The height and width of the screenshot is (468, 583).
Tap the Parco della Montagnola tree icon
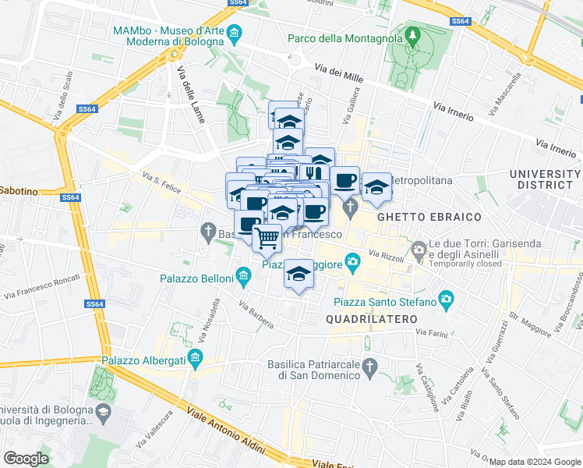pyautogui.click(x=412, y=37)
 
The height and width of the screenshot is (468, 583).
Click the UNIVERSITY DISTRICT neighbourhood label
pyautogui.click(x=545, y=179)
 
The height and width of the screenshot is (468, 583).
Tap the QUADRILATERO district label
pyautogui.click(x=372, y=319)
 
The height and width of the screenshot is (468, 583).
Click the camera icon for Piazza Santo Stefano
pyautogui.click(x=446, y=298)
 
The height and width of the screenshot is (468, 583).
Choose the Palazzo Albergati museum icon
pyautogui.click(x=196, y=360)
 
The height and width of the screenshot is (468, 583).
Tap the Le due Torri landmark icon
pyautogui.click(x=419, y=251)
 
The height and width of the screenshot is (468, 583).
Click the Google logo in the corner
pyautogui.click(x=26, y=458)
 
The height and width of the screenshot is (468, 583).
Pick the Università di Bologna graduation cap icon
pyautogui.click(x=103, y=412)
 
